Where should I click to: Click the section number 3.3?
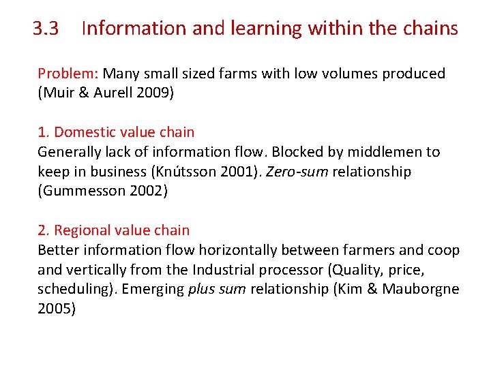[46, 29]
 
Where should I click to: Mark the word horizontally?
[252, 250]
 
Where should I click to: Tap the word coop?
[445, 250]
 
